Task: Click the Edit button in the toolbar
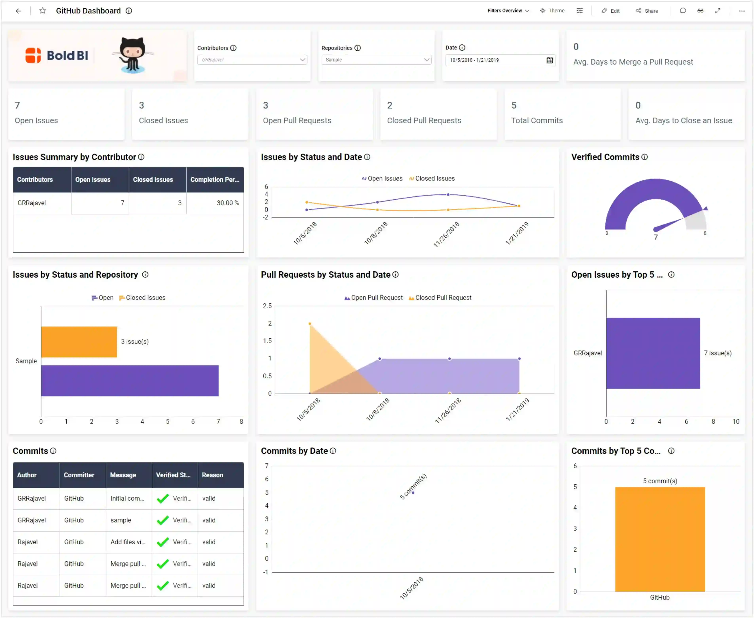coord(611,11)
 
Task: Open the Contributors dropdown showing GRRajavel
coord(252,60)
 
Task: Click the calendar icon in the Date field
coord(549,60)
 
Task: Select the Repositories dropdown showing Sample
coord(376,60)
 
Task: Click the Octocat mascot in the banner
coord(133,55)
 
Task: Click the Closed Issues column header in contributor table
coord(153,180)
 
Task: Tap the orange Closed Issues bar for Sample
coord(79,342)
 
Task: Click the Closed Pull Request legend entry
coord(440,298)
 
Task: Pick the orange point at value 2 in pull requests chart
coord(310,324)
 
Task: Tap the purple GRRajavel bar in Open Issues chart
coord(653,353)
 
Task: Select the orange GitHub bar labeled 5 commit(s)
coord(660,539)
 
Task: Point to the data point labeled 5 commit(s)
coord(413,493)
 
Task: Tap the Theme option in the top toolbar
coord(552,11)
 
